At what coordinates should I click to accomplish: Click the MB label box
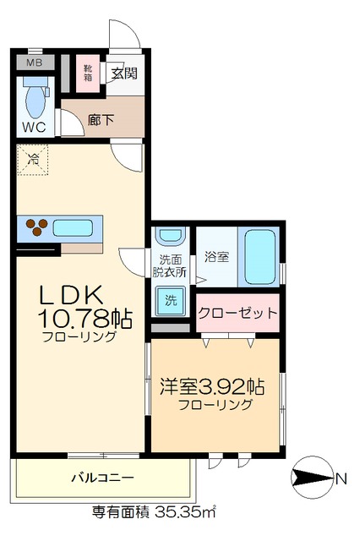[x=35, y=63]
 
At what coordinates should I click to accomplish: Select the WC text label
[x=35, y=128]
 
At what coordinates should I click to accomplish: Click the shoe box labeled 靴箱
[x=89, y=73]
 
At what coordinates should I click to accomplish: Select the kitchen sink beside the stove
[x=75, y=227]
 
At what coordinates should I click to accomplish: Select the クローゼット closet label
[x=237, y=313]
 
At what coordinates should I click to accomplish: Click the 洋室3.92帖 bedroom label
[x=211, y=387]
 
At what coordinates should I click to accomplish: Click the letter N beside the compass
[x=341, y=479]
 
